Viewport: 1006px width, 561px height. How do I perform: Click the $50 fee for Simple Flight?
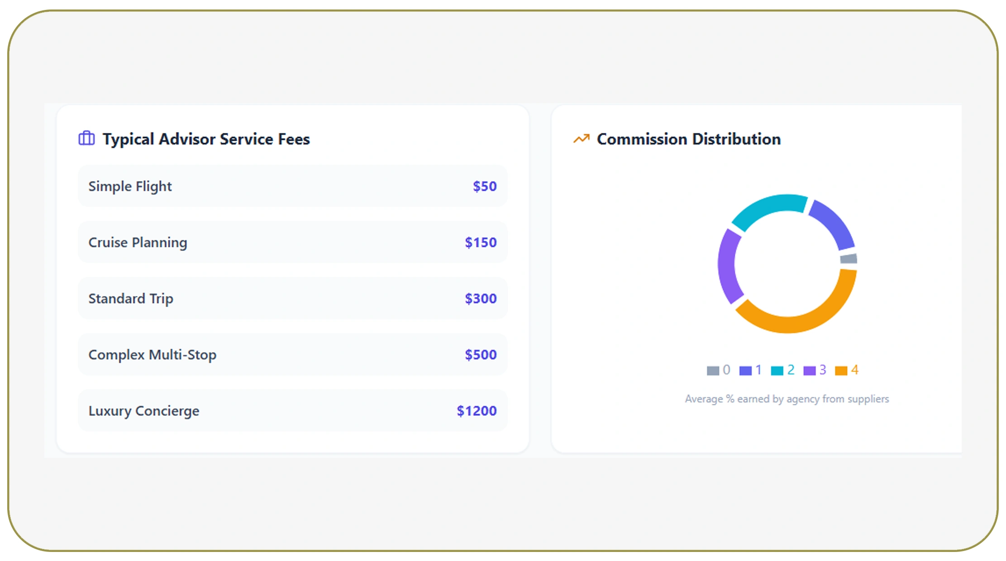pos(484,186)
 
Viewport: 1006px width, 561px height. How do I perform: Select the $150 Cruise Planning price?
pos(480,242)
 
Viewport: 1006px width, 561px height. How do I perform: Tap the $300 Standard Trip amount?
pos(480,298)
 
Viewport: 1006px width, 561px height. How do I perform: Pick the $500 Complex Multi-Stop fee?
pos(480,354)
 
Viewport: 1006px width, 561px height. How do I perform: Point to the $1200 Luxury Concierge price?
pos(476,410)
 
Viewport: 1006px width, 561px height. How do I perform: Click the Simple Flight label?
pos(130,186)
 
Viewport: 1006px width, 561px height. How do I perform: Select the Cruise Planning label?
pos(138,242)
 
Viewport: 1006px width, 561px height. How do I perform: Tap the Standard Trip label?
pos(131,298)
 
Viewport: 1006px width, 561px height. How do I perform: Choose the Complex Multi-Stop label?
pos(152,354)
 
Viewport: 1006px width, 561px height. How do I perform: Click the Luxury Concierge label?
pos(143,410)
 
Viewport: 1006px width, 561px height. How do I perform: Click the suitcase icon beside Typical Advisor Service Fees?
pos(86,138)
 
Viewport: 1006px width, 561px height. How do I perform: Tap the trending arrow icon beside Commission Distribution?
pos(582,138)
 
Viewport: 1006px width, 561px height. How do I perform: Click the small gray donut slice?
pos(849,259)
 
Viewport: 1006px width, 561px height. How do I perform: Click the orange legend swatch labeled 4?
pos(841,371)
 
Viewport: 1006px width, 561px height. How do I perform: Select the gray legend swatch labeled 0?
pos(713,371)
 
